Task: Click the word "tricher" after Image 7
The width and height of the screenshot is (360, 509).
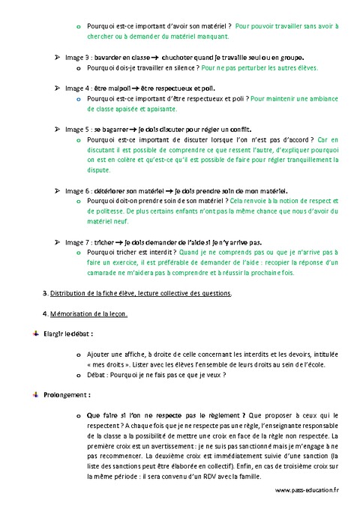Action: pos(107,242)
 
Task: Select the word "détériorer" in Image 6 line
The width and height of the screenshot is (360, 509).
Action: pos(115,190)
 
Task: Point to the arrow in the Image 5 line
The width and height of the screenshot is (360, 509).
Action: pos(142,129)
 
